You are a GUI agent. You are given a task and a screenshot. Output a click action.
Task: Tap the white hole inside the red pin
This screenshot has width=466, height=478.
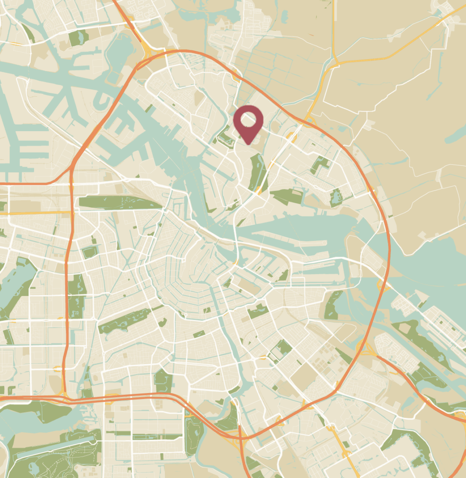248,120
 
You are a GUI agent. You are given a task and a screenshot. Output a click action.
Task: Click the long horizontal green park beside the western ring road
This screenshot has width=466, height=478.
119,203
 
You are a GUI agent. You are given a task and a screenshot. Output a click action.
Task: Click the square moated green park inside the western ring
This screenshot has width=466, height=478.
89,252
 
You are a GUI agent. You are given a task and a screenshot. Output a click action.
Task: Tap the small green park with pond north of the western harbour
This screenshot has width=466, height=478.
78,37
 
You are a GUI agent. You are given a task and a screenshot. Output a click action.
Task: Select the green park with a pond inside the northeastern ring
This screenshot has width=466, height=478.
336,197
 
